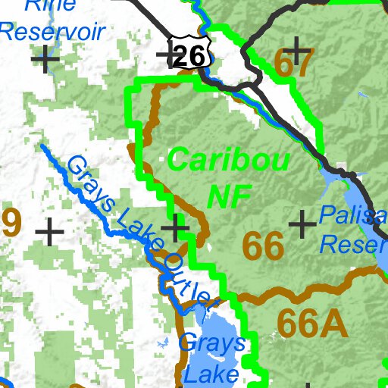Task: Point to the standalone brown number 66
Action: coord(263,246)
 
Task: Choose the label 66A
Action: coord(311,324)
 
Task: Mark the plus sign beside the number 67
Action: coord(299,52)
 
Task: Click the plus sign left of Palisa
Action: coord(302,224)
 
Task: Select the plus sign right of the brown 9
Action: coord(50,231)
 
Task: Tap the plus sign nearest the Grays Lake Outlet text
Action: coord(176,227)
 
